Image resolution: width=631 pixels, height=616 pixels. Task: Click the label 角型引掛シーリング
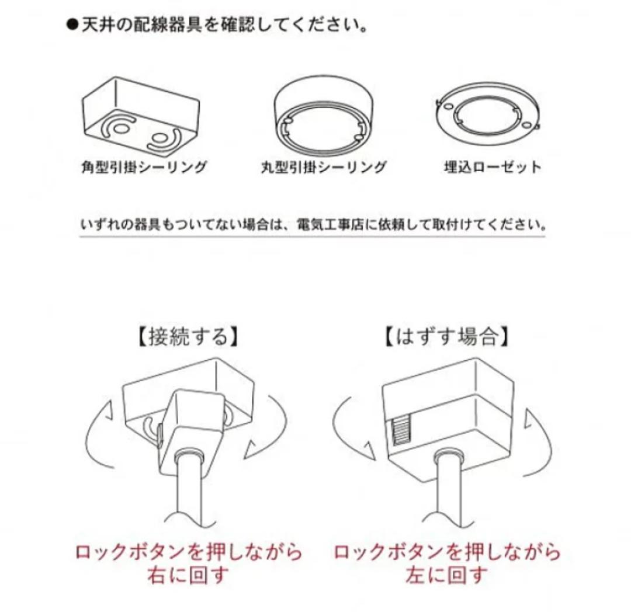tap(144, 167)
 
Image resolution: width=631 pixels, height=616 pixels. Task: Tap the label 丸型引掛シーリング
tap(324, 167)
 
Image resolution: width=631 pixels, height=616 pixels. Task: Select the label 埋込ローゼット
tap(493, 167)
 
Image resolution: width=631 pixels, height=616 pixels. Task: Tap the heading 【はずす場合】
tap(446, 336)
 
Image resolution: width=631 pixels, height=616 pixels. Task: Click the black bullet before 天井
tap(72, 25)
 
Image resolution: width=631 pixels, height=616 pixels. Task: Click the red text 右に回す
tap(188, 575)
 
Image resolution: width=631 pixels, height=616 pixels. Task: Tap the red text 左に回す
tap(446, 575)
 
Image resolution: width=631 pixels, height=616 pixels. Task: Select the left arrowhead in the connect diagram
tap(108, 411)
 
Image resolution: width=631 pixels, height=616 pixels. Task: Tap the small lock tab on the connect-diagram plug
tap(160, 434)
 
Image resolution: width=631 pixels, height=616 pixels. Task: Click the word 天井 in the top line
tap(98, 25)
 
